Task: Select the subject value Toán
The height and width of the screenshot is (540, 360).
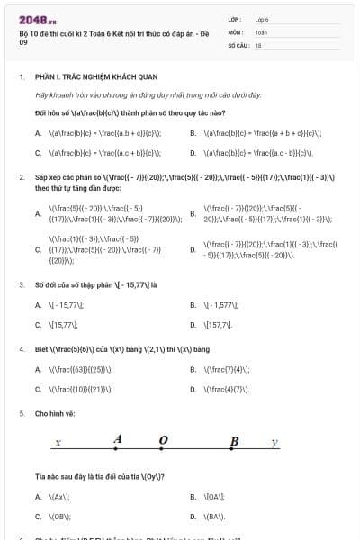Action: coord(261,31)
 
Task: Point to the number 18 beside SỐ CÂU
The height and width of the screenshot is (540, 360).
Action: coord(258,44)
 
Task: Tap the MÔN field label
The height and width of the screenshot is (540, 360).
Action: coord(237,31)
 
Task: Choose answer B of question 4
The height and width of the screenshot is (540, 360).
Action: coord(226,369)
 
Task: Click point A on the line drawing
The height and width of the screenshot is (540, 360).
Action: coord(117,439)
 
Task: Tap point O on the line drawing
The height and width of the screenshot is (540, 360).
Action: coord(163,440)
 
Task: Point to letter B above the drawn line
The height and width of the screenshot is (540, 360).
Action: coord(234,440)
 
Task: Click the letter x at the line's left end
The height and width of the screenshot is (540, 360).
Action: coord(58,443)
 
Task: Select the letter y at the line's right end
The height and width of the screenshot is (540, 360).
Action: coord(275,443)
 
